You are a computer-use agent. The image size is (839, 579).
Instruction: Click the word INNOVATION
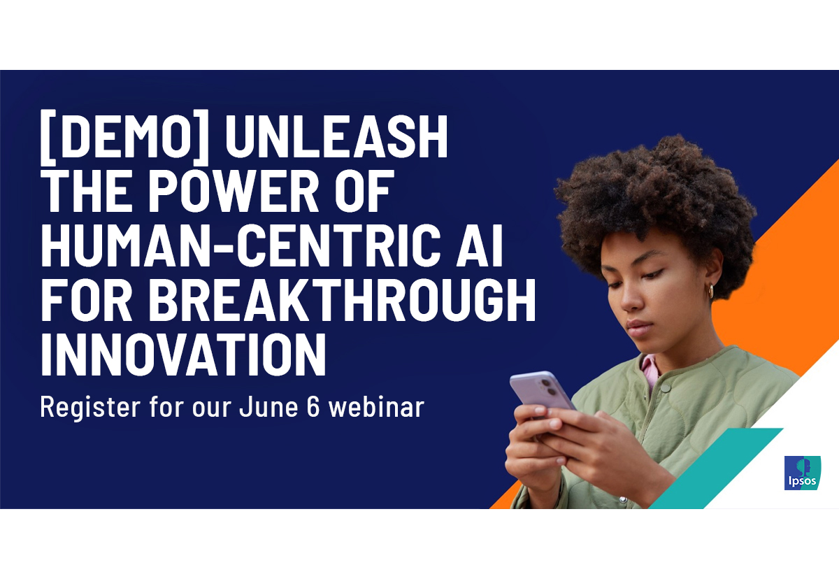click(183, 354)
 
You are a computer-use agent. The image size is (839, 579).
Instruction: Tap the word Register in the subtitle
click(90, 408)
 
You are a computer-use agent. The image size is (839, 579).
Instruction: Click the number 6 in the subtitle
click(313, 406)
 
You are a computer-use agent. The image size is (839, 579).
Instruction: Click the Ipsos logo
click(803, 473)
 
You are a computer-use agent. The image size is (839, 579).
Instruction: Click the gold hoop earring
click(710, 291)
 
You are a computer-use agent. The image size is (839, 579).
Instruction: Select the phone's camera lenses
click(549, 387)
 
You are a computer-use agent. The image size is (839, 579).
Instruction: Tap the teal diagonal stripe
click(715, 468)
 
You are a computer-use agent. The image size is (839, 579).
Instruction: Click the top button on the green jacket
click(665, 387)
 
